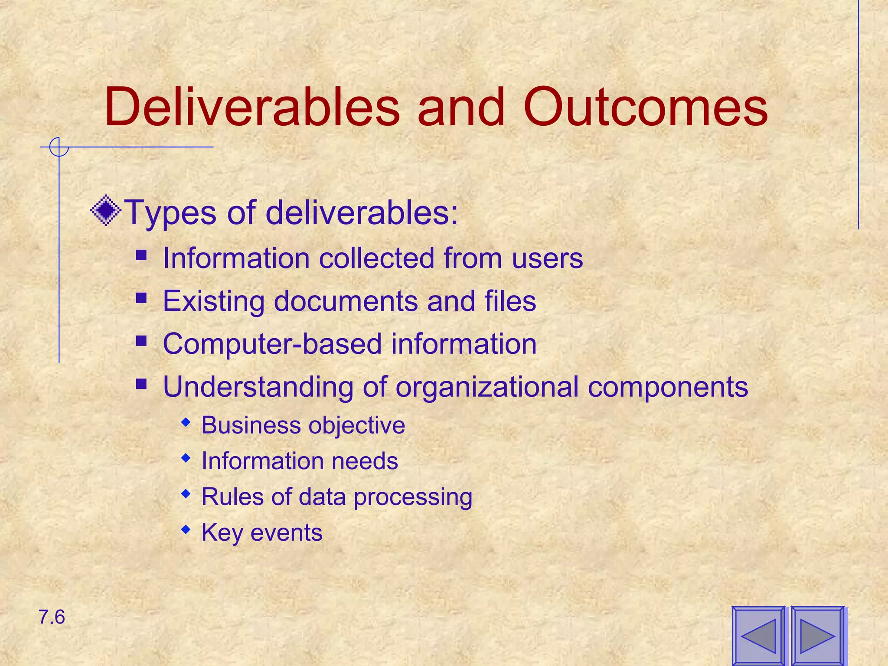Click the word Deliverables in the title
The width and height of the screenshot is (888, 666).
(251, 107)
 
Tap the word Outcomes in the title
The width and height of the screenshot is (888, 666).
(646, 107)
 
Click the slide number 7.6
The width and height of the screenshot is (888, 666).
(52, 617)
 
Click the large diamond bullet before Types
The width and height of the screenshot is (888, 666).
(106, 211)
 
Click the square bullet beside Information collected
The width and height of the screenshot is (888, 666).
(141, 255)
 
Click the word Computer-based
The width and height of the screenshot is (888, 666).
(272, 344)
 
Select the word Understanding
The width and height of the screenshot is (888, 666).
(258, 387)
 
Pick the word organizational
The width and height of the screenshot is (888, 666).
(487, 387)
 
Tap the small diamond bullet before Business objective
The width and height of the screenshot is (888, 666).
(186, 422)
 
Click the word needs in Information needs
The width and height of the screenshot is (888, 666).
(365, 460)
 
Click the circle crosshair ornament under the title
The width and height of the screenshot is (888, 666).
(59, 147)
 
